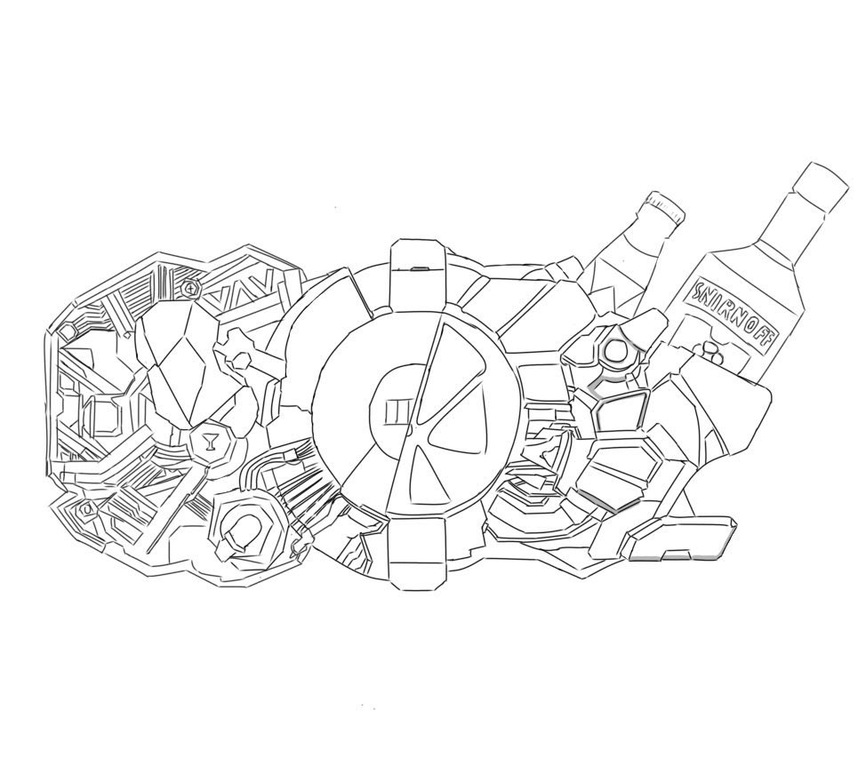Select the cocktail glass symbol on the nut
(x=210, y=442)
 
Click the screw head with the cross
(x=191, y=288)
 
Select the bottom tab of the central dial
(x=417, y=553)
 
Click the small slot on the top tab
(x=420, y=268)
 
